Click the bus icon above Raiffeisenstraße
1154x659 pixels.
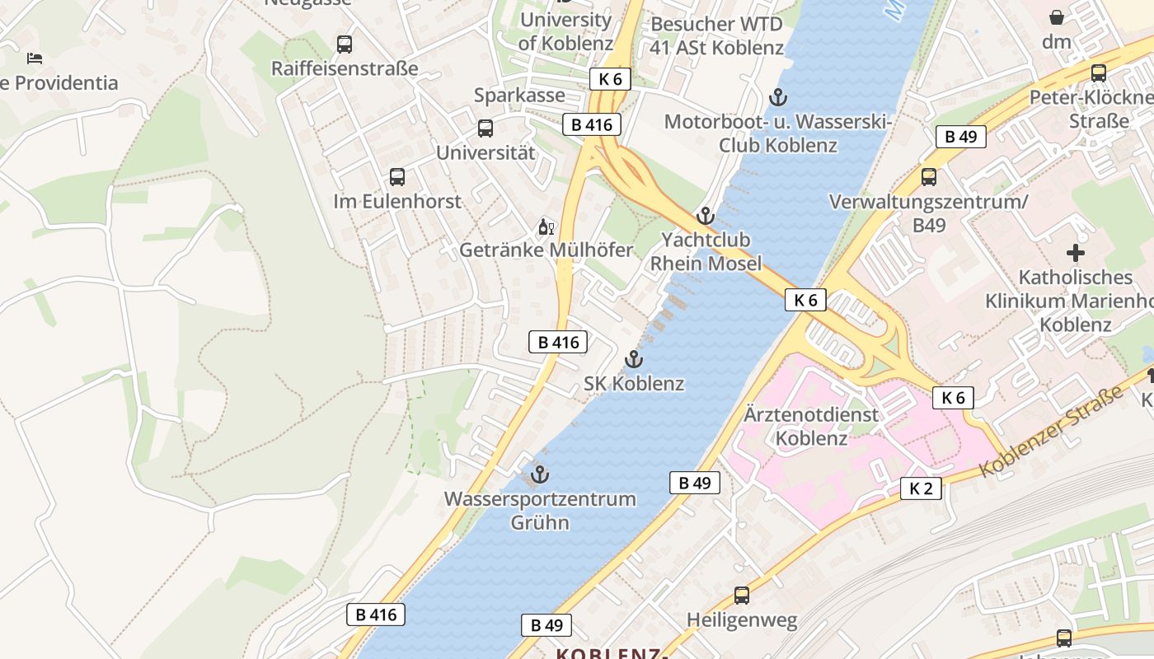pos(345,44)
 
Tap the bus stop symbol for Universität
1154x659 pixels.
pos(486,129)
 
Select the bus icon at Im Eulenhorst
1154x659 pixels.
pos(397,177)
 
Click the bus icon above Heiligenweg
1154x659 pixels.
pos(742,596)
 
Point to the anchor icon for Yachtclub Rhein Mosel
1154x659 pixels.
pos(705,217)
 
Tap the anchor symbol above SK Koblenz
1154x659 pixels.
pos(633,359)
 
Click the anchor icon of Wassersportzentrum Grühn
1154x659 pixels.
pos(540,474)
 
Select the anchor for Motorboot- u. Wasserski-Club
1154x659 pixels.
pos(777,98)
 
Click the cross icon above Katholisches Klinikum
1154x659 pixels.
pos(1076,253)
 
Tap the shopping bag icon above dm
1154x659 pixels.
pos(1056,17)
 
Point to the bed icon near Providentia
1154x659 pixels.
pos(35,58)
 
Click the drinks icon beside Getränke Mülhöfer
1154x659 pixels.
pos(546,227)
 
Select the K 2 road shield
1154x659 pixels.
pos(920,488)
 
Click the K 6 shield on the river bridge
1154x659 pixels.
pos(805,300)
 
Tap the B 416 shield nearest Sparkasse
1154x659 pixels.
pos(591,124)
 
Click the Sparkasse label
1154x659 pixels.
pos(519,96)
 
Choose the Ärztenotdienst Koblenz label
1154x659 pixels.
pos(812,426)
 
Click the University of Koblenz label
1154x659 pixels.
pos(565,31)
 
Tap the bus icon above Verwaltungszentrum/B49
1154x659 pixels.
pos(929,176)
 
